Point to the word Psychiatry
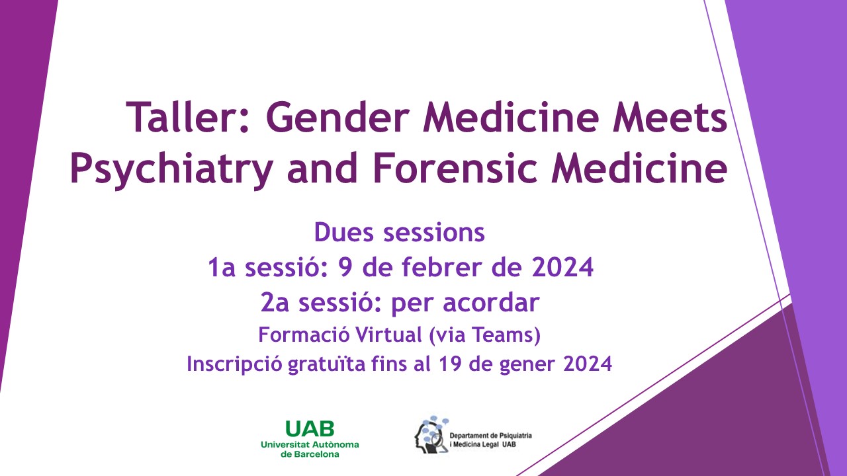[171, 169]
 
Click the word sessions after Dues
[434, 233]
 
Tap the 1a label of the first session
[222, 267]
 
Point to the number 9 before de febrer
[345, 267]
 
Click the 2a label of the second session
[275, 303]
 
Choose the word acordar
[491, 302]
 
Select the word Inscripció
[234, 364]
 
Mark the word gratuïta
[326, 364]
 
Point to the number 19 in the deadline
[450, 364]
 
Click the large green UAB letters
[310, 429]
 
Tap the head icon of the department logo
[431, 435]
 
